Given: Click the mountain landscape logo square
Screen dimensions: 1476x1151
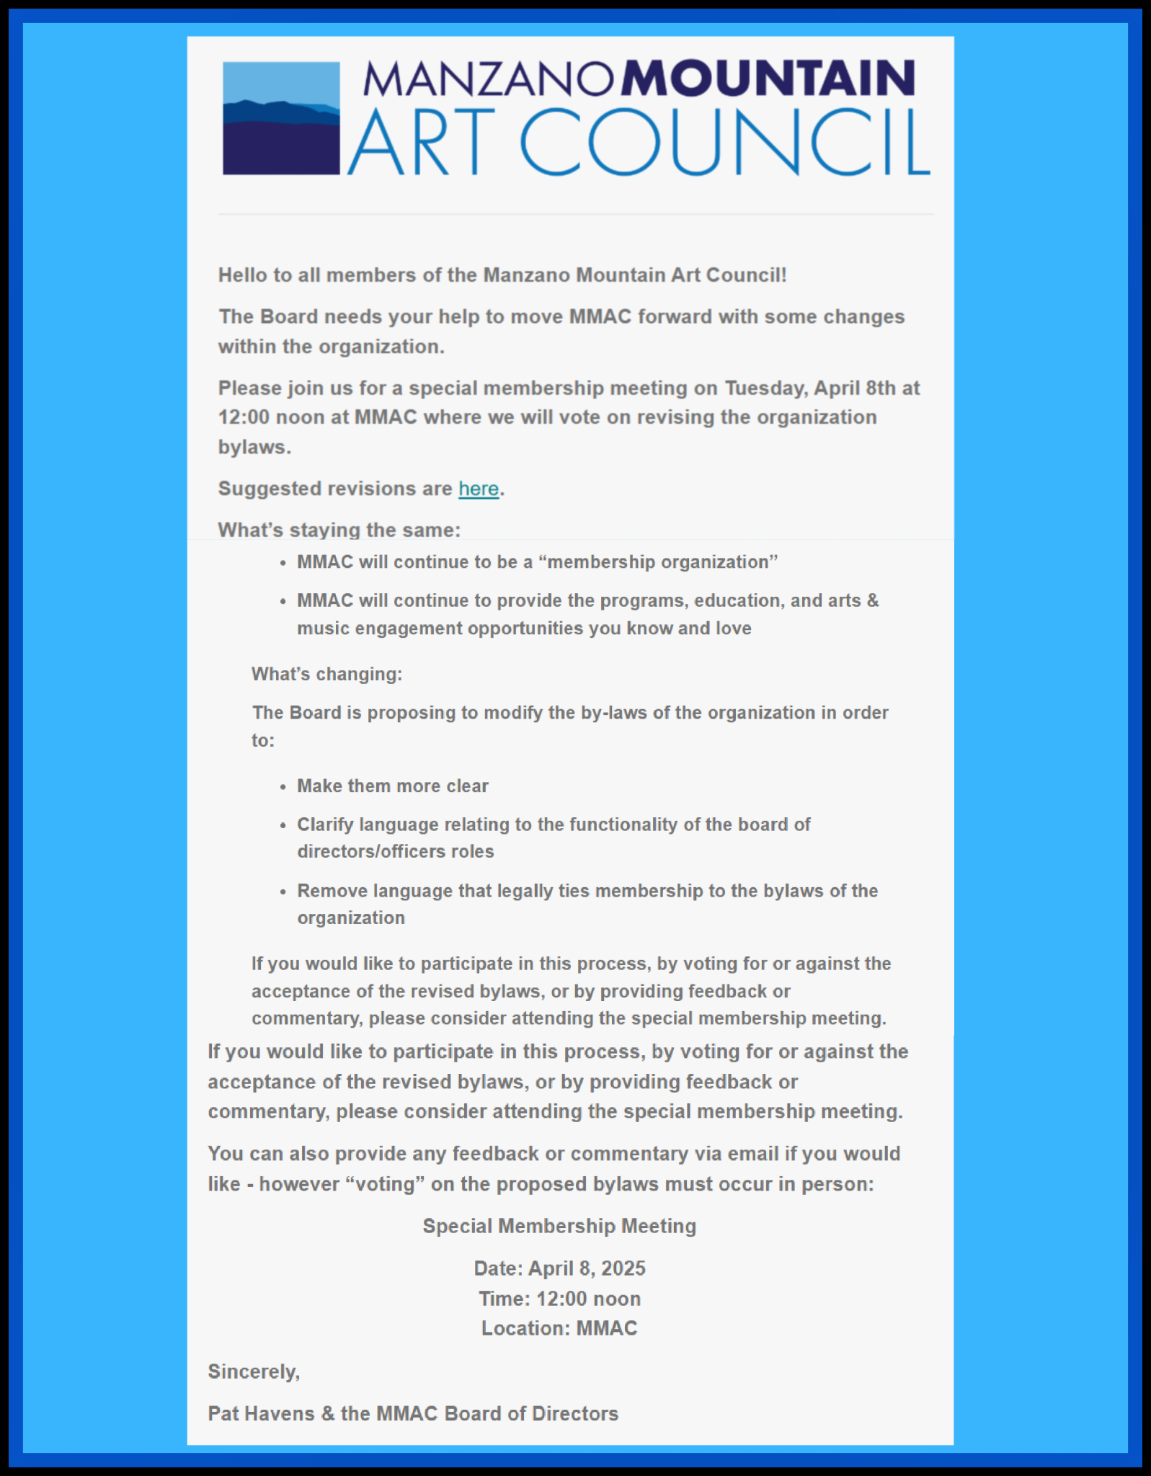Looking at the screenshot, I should tap(281, 118).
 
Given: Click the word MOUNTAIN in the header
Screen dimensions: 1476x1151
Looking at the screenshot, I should tap(769, 79).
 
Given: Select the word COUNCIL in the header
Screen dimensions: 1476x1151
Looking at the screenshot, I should tap(724, 142).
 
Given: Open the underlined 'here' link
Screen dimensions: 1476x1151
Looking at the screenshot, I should tap(479, 489).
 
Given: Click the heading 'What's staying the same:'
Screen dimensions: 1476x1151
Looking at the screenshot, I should tap(339, 530).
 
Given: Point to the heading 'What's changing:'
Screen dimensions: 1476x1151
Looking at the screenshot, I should tap(326, 674).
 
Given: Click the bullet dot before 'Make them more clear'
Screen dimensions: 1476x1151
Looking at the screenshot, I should tap(283, 786).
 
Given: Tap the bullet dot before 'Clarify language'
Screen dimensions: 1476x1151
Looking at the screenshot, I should tap(283, 825).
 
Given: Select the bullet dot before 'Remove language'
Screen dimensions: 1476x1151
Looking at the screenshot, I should tap(283, 892).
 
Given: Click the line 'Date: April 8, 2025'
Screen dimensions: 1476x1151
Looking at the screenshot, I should tap(559, 1268).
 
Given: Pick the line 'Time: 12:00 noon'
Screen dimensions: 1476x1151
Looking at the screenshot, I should tap(559, 1299).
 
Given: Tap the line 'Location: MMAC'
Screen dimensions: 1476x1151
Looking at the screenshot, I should tap(559, 1328).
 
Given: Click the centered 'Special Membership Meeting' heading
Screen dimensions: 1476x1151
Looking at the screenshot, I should tap(559, 1226).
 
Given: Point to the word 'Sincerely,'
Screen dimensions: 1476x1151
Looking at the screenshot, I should tap(254, 1371).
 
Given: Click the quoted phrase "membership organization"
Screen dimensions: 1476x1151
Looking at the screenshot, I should tap(662, 562).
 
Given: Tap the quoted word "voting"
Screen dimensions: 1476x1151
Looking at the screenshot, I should tap(386, 1184).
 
